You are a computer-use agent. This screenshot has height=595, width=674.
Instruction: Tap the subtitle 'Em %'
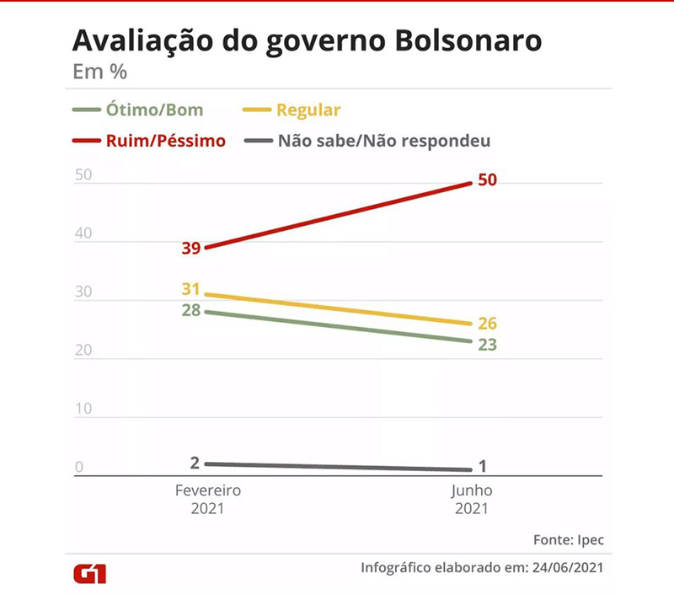pyautogui.click(x=99, y=72)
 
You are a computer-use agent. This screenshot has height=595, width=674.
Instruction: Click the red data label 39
pyautogui.click(x=190, y=248)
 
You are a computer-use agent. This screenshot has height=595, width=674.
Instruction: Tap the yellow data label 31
pyautogui.click(x=190, y=289)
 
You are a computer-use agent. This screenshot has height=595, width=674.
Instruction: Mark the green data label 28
pyautogui.click(x=190, y=309)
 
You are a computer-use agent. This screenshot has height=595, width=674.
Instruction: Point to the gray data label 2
pyautogui.click(x=195, y=462)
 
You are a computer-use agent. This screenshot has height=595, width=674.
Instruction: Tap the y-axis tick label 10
pyautogui.click(x=83, y=409)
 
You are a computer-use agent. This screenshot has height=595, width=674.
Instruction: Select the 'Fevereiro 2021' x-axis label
pyautogui.click(x=208, y=499)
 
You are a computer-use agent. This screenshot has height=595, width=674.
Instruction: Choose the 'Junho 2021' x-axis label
pyautogui.click(x=472, y=499)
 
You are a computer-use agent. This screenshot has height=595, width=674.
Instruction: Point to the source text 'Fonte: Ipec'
pyautogui.click(x=569, y=539)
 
